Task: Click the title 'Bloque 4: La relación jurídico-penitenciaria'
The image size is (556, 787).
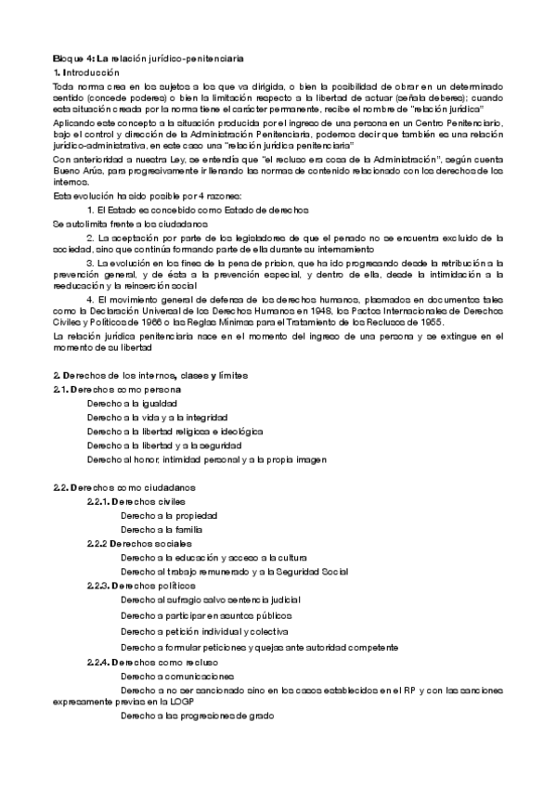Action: coord(149,58)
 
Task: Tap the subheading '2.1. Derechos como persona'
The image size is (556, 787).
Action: coord(117,389)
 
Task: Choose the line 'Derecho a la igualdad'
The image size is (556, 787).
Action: coord(132,404)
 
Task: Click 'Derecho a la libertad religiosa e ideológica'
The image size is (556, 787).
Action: coord(175,432)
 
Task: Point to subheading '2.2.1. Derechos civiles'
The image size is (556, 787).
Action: coord(136,501)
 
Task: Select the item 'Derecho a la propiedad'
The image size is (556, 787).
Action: coord(169,515)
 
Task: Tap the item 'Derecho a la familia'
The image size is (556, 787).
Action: coord(162,529)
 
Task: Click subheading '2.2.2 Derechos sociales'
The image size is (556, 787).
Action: coord(139,543)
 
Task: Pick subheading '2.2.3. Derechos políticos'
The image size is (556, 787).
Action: coord(142,586)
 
